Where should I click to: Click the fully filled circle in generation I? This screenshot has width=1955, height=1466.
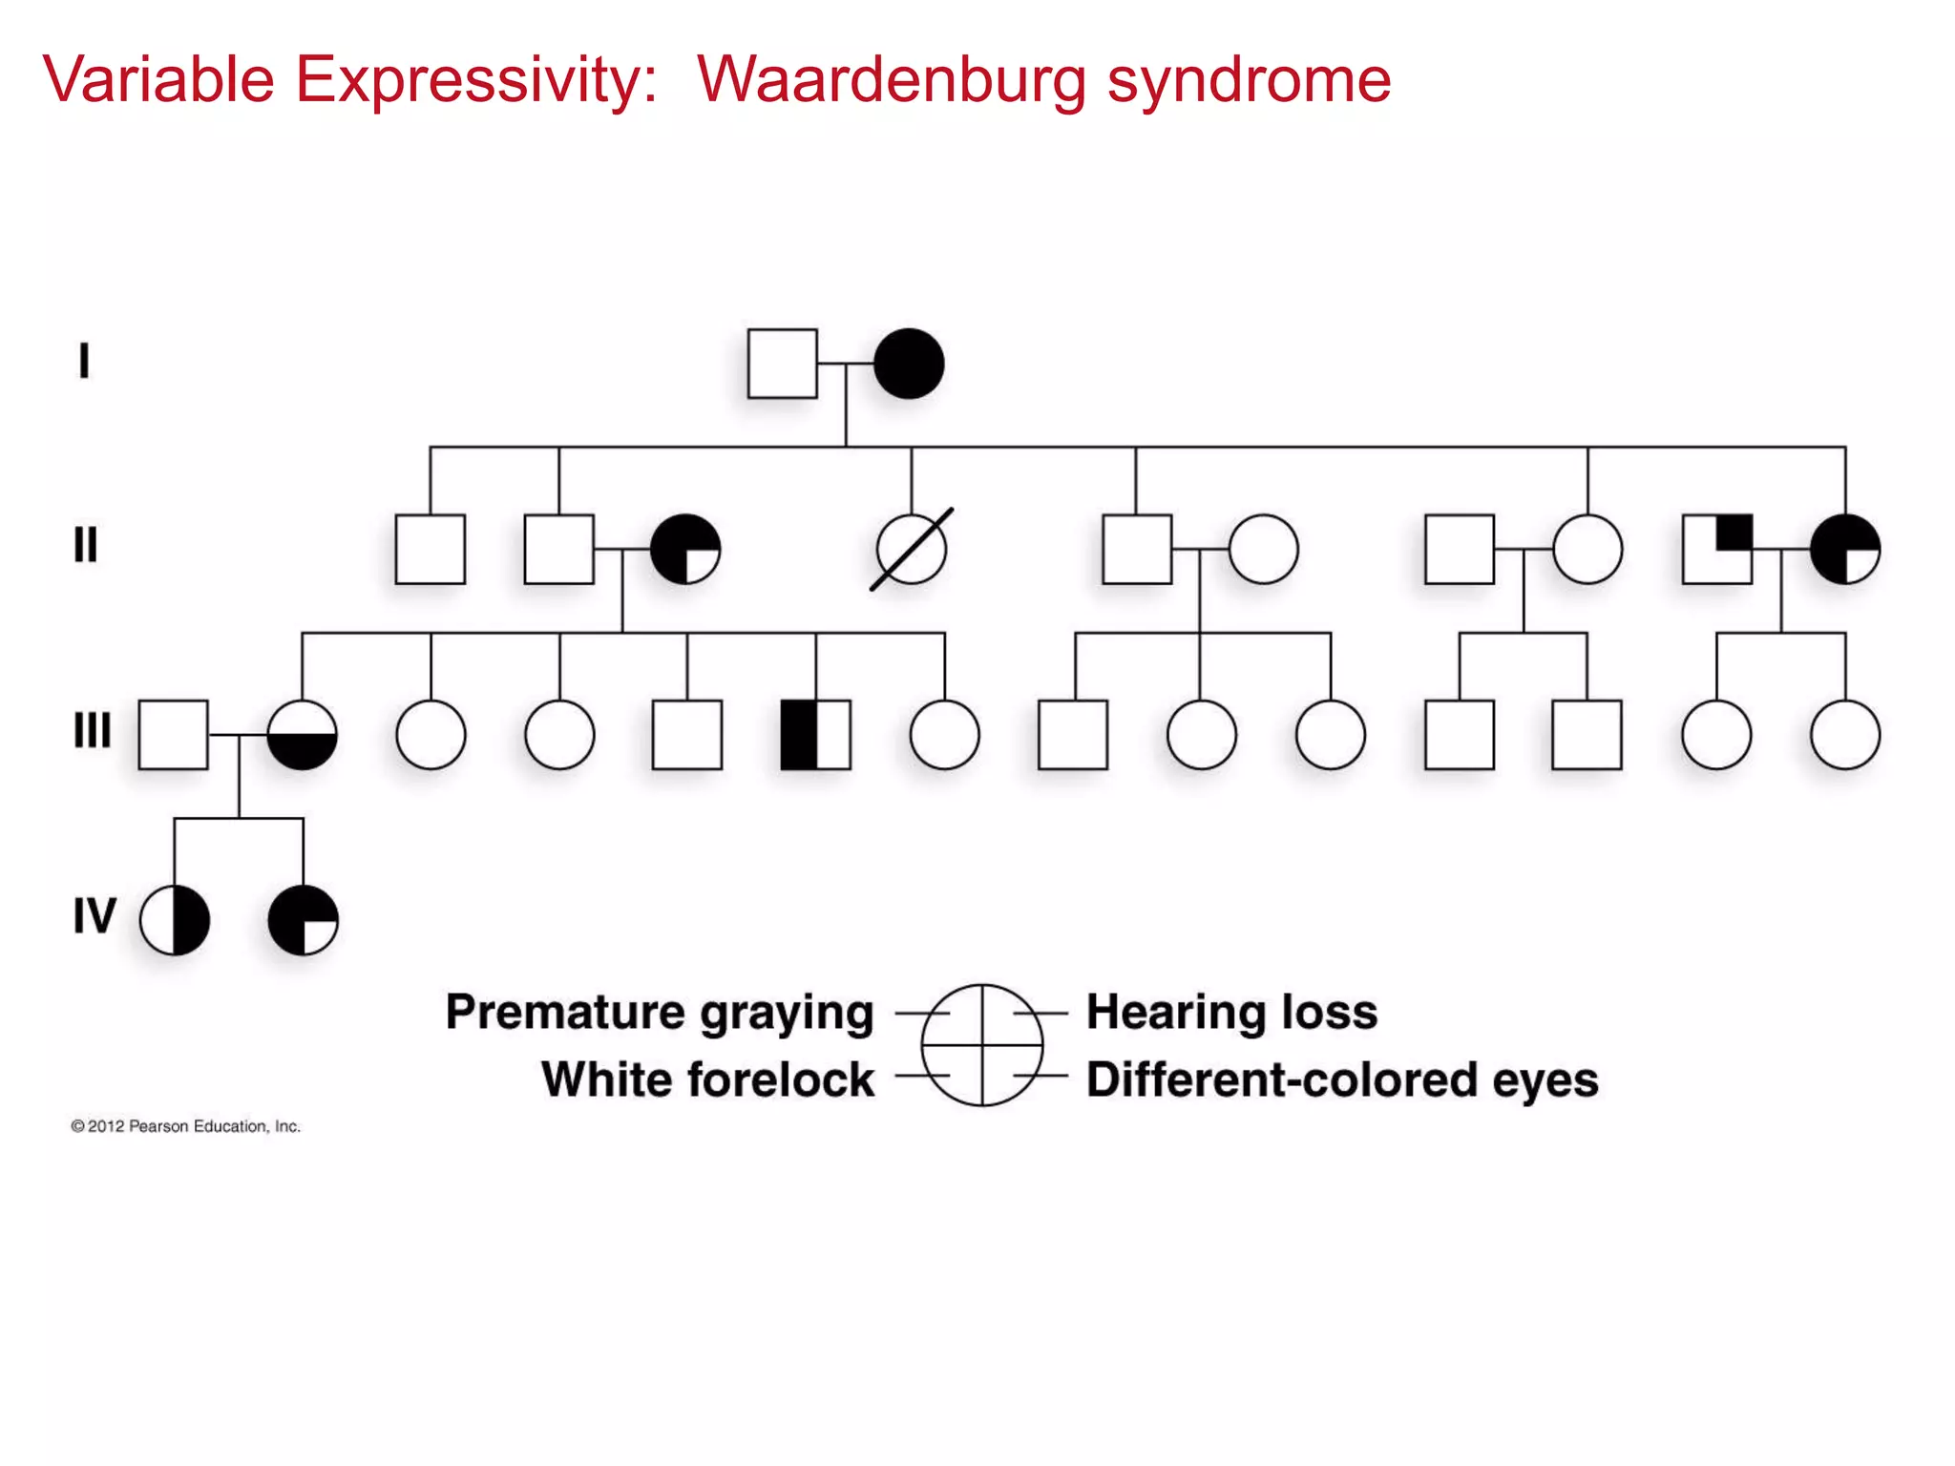point(909,364)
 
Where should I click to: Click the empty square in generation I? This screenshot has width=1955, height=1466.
point(782,364)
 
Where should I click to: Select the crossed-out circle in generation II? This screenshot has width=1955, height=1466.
point(912,550)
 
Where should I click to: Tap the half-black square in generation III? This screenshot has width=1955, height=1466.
point(815,735)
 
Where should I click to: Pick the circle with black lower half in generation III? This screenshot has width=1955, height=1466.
point(302,735)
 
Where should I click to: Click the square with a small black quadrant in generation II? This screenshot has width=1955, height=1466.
point(1716,549)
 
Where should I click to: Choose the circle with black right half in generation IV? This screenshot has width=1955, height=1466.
point(175,920)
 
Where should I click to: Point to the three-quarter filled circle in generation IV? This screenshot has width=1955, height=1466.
point(303,920)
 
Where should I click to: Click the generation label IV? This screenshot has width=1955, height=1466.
point(95,915)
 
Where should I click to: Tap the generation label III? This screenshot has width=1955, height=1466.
point(93,730)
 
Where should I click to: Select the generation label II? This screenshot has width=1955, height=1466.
point(86,545)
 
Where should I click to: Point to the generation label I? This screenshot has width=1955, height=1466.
point(84,361)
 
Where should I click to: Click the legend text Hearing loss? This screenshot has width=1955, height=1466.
point(1231,1012)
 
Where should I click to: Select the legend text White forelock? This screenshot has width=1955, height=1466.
point(707,1079)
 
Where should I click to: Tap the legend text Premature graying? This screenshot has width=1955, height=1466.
point(660,1013)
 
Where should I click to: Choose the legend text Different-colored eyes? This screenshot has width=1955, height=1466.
point(1342,1080)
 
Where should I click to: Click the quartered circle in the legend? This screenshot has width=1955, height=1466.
point(982,1045)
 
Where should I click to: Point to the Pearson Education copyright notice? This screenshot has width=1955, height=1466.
point(185,1126)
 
